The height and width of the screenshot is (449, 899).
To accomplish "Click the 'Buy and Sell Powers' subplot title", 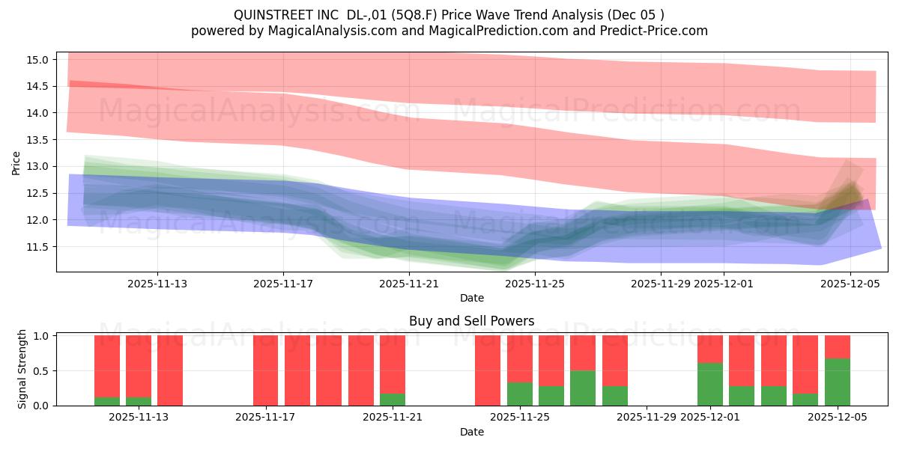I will coord(471,321).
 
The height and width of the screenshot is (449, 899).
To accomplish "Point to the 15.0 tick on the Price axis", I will coord(40,60).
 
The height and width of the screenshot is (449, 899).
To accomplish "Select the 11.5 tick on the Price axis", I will coord(40,247).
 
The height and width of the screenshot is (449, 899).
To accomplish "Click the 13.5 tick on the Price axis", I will coord(40,140).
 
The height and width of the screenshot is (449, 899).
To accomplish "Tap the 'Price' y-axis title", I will coord(16,163).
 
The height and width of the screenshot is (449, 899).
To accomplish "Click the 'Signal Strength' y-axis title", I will coord(22,369).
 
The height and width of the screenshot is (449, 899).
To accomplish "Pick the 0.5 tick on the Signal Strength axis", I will coord(42,370).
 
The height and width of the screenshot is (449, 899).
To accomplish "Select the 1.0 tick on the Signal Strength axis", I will coord(42,336).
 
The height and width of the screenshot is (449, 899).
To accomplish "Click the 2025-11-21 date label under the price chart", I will coord(409,284).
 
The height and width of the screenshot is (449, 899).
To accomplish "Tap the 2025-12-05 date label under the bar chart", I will coord(837,418).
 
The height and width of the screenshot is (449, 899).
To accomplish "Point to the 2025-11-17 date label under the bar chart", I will coord(266,418).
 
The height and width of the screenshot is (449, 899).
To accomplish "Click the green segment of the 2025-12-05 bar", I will coord(837,382).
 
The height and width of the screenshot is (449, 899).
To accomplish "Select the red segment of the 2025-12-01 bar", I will coord(710,349).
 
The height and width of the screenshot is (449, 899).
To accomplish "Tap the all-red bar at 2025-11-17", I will coord(266,370).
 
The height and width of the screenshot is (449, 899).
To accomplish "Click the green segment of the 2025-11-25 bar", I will coord(520,394).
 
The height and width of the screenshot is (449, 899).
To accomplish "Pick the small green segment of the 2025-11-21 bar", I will coord(393,400).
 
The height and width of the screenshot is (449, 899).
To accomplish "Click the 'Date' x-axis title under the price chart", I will coord(471,298).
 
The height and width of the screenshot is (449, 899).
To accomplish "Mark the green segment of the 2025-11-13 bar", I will coord(139,402).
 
